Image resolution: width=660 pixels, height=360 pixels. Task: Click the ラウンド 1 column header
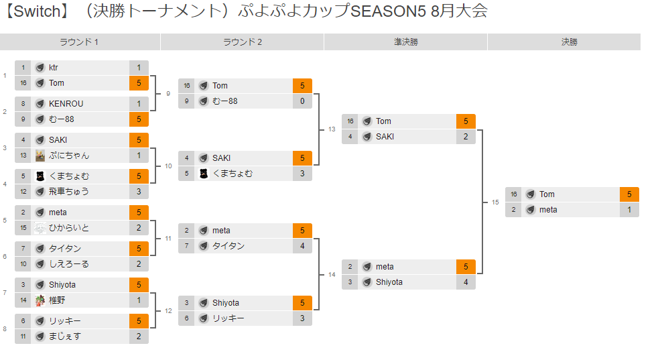pos(79,42)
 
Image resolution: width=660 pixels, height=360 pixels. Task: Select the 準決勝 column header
pos(405,42)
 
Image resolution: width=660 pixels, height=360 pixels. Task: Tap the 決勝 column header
pos(569,42)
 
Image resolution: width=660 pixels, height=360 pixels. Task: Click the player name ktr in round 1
pos(54,68)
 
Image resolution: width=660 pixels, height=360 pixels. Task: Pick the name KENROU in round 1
pos(66,104)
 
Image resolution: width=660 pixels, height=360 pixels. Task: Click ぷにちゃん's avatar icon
pos(40,156)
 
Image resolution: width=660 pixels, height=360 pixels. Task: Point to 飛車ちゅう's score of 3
pos(139,192)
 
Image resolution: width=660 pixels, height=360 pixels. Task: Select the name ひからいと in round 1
pos(69,228)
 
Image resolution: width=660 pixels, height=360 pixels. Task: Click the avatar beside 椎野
pos(40,300)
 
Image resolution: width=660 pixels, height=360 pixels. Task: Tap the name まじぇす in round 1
pos(65,337)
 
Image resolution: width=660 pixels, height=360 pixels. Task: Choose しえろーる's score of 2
pos(139,264)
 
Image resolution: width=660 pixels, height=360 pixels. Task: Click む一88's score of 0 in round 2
pos(302,101)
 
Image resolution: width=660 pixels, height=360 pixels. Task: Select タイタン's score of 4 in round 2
pos(302,246)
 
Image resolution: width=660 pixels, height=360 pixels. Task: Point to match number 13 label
pos(332,129)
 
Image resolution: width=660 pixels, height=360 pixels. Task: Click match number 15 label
pos(495,202)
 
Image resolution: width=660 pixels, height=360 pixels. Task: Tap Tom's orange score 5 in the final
pos(629,194)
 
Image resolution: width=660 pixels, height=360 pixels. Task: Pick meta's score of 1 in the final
pos(629,210)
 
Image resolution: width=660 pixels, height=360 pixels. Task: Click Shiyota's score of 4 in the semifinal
pos(466,282)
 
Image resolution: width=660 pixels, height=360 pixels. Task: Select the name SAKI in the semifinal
pos(385,137)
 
